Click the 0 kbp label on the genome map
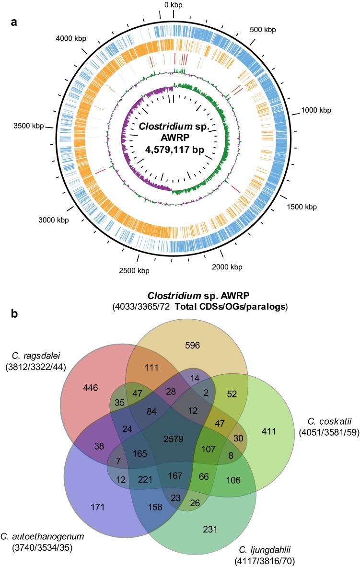(173, 5)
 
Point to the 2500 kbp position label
(133, 270)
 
